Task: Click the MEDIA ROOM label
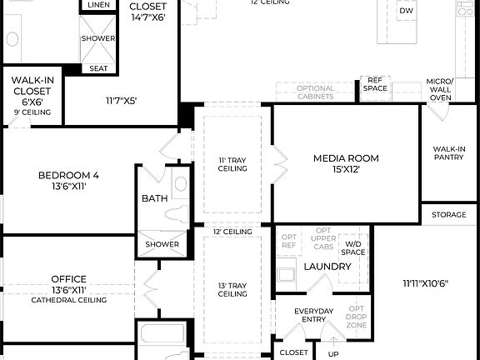[346, 157]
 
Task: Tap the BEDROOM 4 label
[68, 175]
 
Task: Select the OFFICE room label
[68, 279]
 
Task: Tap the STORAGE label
[449, 215]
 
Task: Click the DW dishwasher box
[406, 11]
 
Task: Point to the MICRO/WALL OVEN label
[439, 89]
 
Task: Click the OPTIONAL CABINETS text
[316, 92]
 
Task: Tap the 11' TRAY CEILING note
[233, 163]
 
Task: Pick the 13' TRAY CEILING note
[233, 288]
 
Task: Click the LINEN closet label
[97, 6]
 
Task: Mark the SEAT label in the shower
[97, 68]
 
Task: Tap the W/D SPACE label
[354, 248]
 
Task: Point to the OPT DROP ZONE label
[356, 317]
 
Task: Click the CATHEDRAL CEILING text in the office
[68, 300]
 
